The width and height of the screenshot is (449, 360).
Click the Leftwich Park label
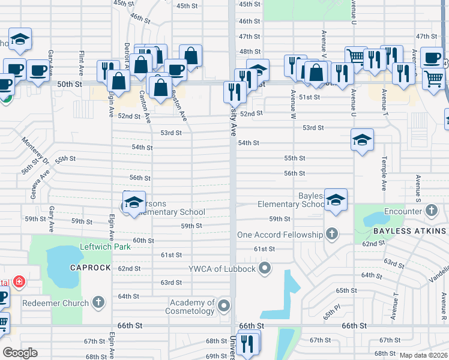[x=105, y=247]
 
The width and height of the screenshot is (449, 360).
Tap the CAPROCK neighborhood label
[x=90, y=268]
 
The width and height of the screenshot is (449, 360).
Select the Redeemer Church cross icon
[x=100, y=303]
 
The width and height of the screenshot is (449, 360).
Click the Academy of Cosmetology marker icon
[x=224, y=307]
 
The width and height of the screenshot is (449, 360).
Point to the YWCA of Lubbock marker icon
[x=264, y=268]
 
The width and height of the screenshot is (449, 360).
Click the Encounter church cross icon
[x=431, y=211]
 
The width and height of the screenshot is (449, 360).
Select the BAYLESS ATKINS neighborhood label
[x=409, y=231]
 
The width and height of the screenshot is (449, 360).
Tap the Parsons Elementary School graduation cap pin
[x=134, y=201]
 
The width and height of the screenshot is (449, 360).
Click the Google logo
[x=20, y=353]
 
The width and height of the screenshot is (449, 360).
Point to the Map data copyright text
[x=423, y=355]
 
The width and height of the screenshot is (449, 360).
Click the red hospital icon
[x=19, y=281]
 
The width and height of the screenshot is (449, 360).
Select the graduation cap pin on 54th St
[x=362, y=139]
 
